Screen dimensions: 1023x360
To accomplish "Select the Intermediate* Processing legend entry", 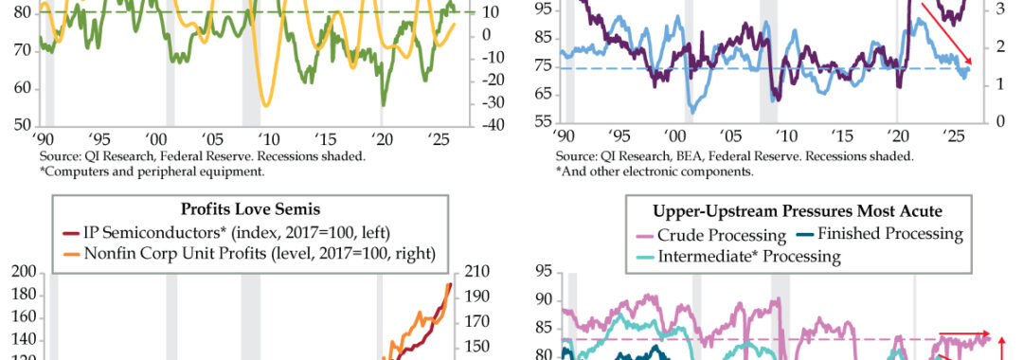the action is point(739,256).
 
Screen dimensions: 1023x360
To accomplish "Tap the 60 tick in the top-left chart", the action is point(23,89).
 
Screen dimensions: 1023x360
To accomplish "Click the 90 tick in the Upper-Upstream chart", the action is point(544,300).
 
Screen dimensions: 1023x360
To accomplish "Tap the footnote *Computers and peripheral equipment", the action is point(151,171).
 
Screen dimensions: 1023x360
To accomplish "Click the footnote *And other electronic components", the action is point(655,172).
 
